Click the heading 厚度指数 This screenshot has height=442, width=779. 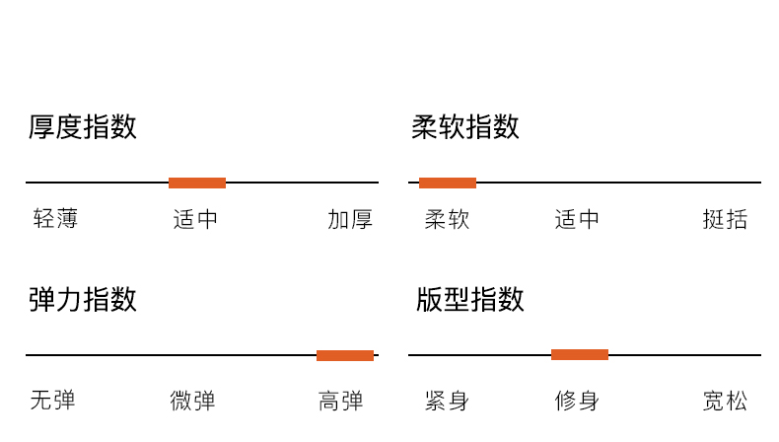point(83,127)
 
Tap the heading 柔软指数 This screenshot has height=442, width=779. point(465,127)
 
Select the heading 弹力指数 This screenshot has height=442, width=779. point(83,299)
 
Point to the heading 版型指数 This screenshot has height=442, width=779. point(470,299)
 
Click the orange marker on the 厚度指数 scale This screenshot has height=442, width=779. point(197,183)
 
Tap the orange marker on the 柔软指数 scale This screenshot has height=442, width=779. point(448,183)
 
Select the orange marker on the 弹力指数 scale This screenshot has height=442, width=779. point(345,355)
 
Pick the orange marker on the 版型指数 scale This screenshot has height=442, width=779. point(580,354)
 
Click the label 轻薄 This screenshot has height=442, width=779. point(55,219)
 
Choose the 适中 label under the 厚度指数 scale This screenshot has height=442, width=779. point(196,219)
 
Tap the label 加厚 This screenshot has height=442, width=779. point(350,219)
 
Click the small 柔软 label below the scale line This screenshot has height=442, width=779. point(448,219)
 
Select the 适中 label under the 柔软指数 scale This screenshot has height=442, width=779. point(578,219)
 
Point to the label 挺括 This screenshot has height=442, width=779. point(725,219)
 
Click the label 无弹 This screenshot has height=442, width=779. point(53,401)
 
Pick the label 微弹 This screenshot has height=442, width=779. point(192,401)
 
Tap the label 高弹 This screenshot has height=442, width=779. point(341,401)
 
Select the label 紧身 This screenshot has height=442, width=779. point(447,401)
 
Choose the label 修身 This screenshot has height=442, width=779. point(577,401)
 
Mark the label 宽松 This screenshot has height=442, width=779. point(725,401)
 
